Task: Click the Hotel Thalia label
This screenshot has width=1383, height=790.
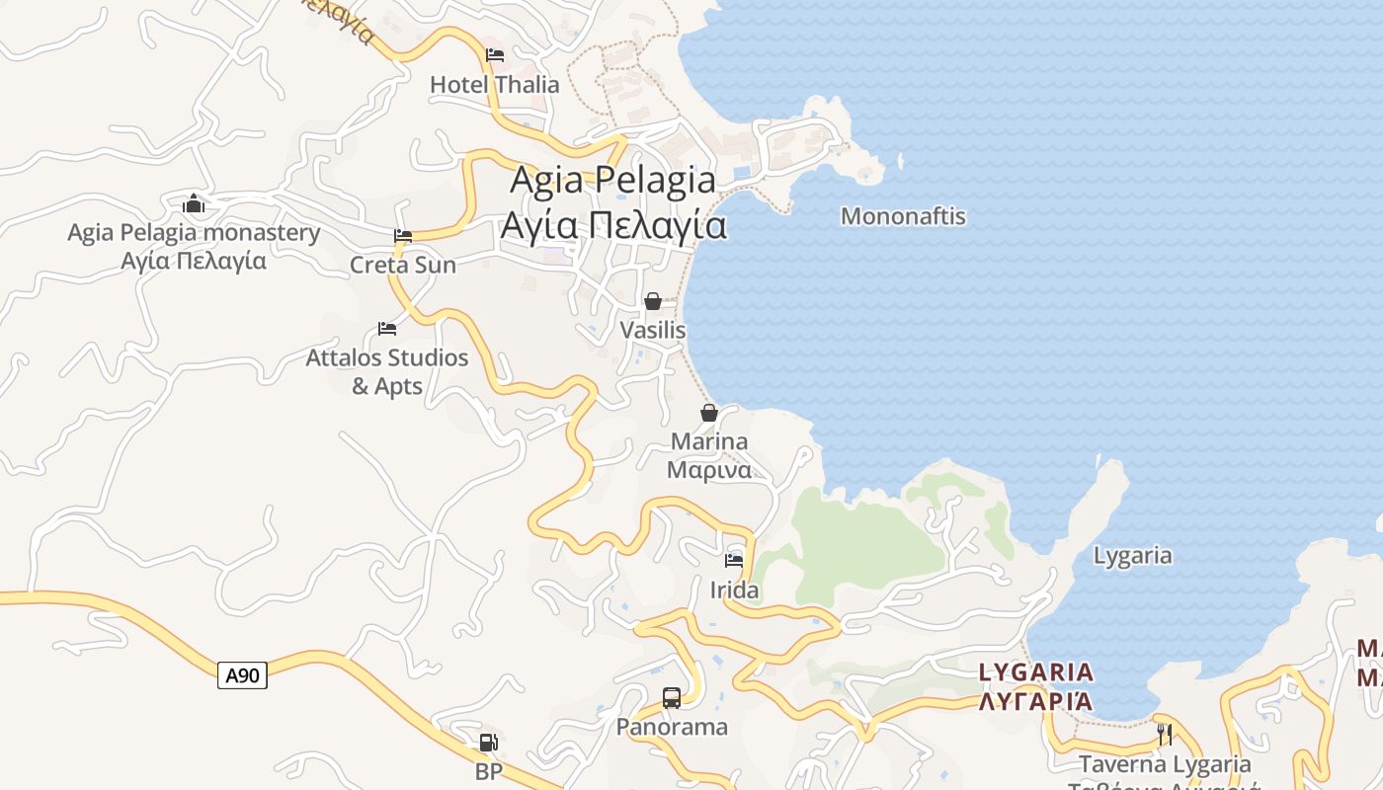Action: [494, 85]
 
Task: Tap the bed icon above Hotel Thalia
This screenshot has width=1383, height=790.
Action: [495, 54]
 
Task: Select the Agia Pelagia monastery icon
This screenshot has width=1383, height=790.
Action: [194, 204]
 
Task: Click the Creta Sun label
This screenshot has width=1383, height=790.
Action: [403, 265]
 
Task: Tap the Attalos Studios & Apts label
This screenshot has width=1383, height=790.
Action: [387, 371]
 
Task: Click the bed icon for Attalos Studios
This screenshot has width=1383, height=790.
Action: [387, 328]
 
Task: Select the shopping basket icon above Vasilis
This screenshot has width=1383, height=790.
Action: [652, 301]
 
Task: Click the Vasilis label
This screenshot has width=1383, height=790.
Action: [652, 330]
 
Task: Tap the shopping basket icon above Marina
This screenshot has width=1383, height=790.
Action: [708, 413]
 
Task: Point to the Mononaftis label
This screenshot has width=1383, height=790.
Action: [903, 216]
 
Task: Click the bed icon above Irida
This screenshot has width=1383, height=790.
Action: [734, 560]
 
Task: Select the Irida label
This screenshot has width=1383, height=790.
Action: [735, 591]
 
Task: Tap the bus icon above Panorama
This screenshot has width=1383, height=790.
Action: [672, 698]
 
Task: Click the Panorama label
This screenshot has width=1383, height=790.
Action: [672, 728]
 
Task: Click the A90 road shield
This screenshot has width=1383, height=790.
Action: [242, 675]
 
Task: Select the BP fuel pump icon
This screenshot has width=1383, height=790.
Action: [488, 743]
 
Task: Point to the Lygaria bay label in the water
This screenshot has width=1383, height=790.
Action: [1132, 556]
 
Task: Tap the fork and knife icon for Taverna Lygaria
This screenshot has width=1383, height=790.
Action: [1165, 734]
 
